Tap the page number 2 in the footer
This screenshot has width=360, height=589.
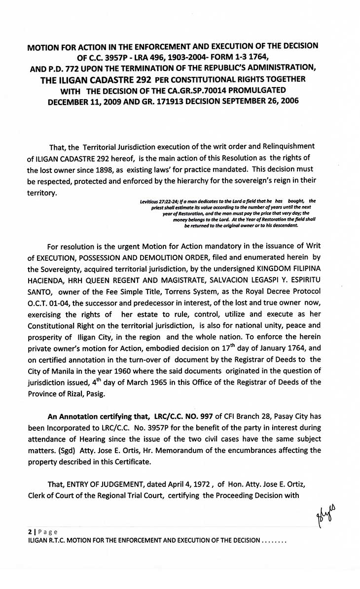tap(29, 532)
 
